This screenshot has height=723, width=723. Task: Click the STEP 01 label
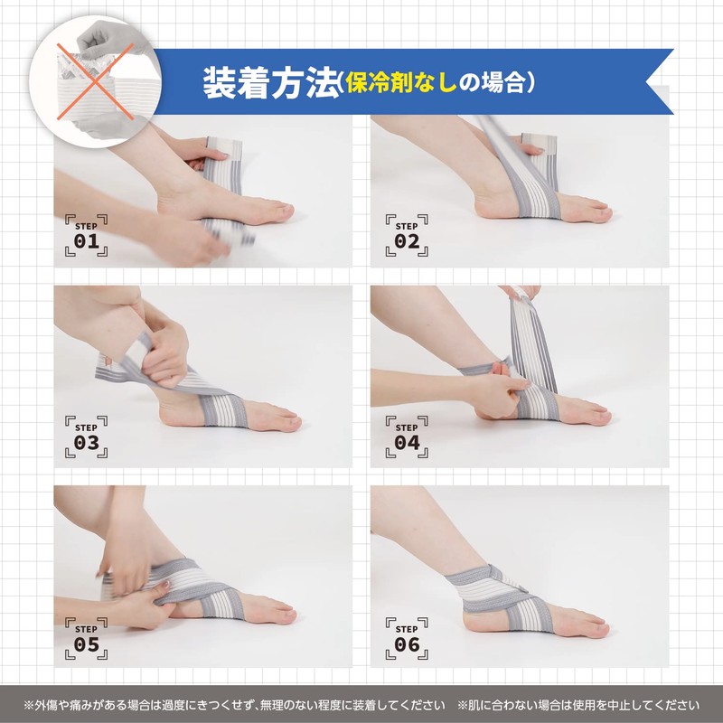86,234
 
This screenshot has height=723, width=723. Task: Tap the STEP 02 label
407,234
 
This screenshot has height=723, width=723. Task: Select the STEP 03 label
86,436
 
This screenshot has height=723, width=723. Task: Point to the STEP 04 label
407,436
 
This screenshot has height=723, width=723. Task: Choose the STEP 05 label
86,637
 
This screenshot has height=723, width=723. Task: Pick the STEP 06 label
407,637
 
